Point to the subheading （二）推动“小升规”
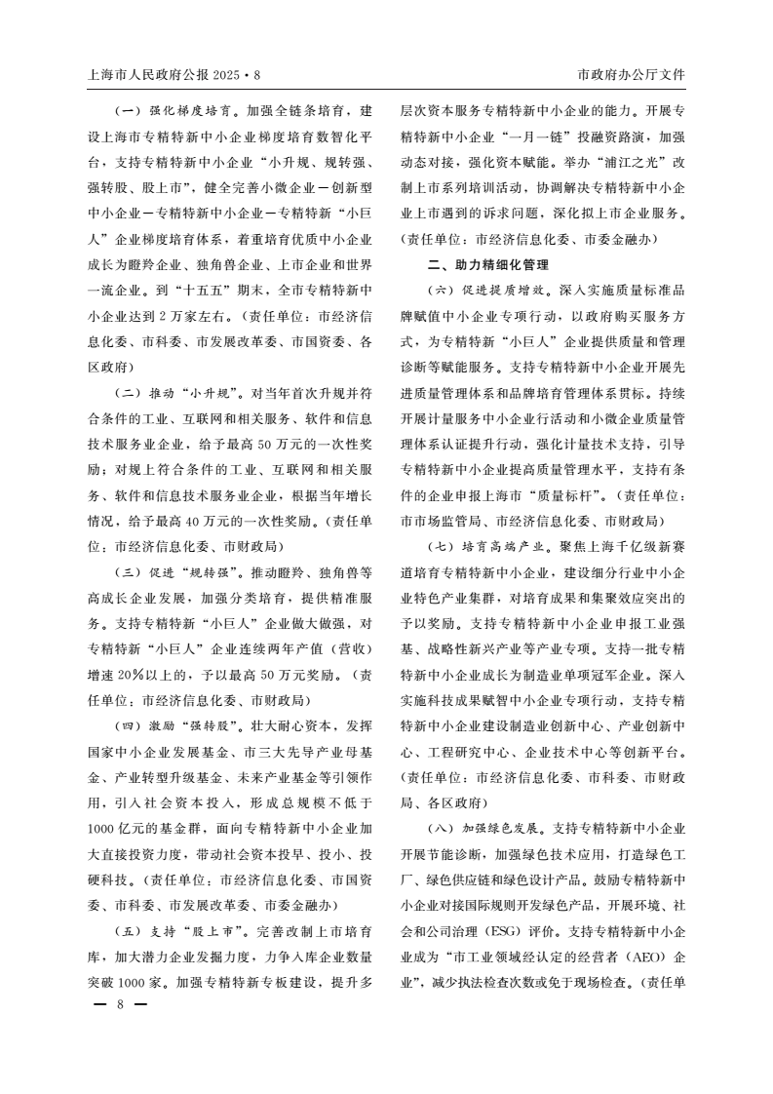click(178, 394)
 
